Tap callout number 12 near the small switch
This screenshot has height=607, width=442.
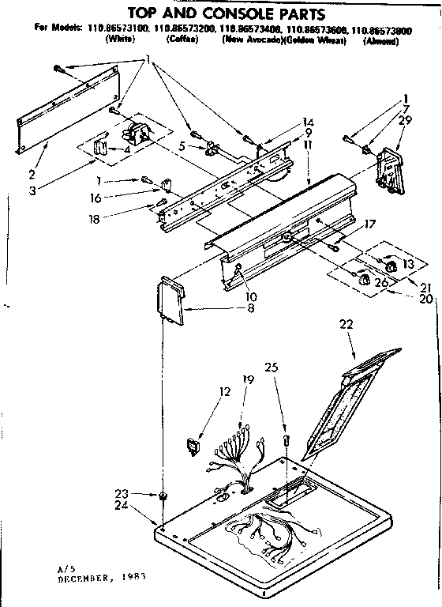point(225,390)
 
